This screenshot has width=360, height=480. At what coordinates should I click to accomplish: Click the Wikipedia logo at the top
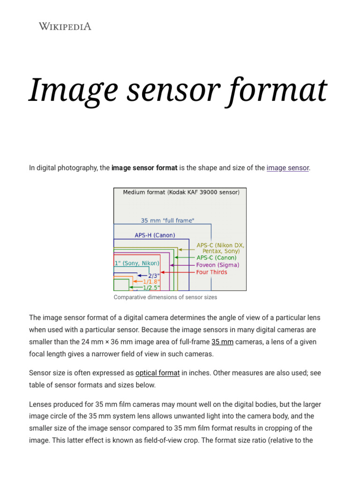pyautogui.click(x=65, y=26)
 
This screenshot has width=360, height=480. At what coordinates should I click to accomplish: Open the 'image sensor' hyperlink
pyautogui.click(x=288, y=168)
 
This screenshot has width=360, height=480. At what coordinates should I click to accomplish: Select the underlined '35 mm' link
pyautogui.click(x=222, y=342)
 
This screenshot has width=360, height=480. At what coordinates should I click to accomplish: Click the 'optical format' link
pyautogui.click(x=157, y=373)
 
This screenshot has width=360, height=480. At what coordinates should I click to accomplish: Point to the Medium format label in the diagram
pyautogui.click(x=181, y=192)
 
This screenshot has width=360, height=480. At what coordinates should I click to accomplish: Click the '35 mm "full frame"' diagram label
pyautogui.click(x=167, y=220)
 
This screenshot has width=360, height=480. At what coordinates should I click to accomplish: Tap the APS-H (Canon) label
pyautogui.click(x=155, y=235)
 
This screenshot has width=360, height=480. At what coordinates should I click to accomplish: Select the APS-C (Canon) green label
pyautogui.click(x=216, y=258)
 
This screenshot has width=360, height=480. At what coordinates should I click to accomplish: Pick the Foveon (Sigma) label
pyautogui.click(x=217, y=265)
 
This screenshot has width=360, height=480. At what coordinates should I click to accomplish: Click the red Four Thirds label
pyautogui.click(x=211, y=272)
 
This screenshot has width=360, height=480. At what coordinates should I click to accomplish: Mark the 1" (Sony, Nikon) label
pyautogui.click(x=136, y=263)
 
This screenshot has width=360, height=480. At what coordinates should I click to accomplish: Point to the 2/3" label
pyautogui.click(x=154, y=276)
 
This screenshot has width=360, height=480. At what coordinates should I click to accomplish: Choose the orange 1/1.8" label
pyautogui.click(x=151, y=282)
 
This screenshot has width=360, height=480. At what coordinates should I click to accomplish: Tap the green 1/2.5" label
pyautogui.click(x=151, y=288)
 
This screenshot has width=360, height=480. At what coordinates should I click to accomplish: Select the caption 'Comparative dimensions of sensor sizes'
pyautogui.click(x=165, y=297)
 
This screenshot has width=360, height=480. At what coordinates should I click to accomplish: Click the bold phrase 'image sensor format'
pyautogui.click(x=144, y=168)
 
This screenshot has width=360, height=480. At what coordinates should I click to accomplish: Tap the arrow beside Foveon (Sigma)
pyautogui.click(x=181, y=265)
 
